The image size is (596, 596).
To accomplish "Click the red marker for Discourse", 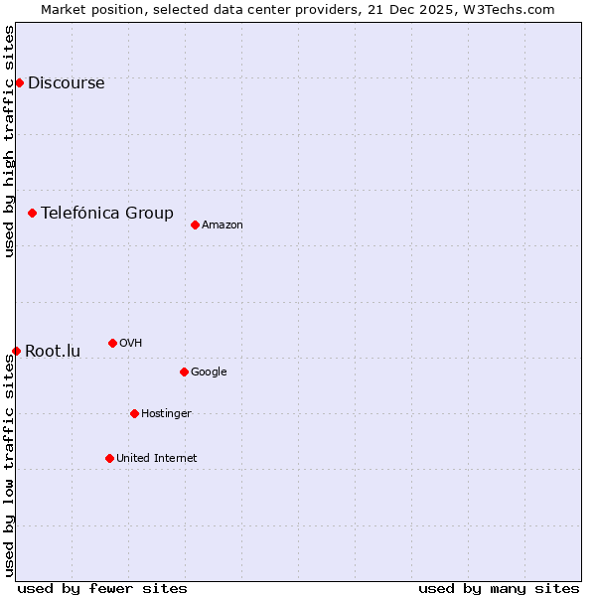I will click(19, 82).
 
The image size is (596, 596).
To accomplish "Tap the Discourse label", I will click(66, 83).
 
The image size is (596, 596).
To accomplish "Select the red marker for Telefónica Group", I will click(32, 213).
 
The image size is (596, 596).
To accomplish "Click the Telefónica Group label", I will click(106, 213).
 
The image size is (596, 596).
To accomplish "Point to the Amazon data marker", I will click(195, 224).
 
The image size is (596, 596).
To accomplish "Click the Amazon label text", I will click(222, 225).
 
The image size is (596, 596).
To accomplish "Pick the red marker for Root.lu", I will click(16, 351).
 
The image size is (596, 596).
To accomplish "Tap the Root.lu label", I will click(53, 352).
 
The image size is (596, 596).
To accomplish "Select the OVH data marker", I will click(112, 343).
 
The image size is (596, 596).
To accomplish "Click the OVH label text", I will click(130, 344).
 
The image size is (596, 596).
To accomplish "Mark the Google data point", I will click(184, 372).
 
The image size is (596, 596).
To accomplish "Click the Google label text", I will click(209, 372).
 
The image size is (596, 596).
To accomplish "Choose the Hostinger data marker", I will click(134, 413).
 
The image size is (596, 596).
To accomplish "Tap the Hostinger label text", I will click(166, 414).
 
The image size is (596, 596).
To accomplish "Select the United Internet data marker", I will click(109, 458).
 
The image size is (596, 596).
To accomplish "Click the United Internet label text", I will click(156, 459).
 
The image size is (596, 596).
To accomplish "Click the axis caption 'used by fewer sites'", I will click(102, 588).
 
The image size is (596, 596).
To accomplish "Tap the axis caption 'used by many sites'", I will click(499, 588).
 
